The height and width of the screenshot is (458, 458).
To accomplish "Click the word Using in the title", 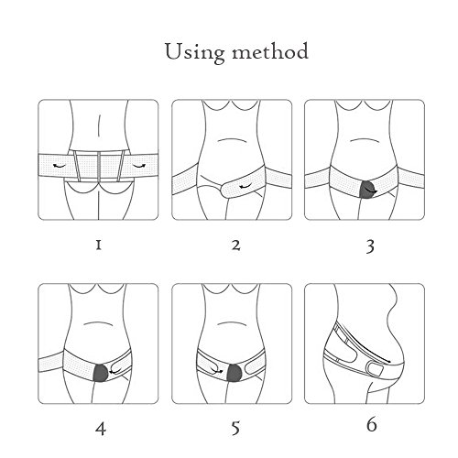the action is (195, 52).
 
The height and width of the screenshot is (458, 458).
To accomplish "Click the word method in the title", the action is (270, 51).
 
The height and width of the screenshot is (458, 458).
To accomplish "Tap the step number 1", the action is (98, 245).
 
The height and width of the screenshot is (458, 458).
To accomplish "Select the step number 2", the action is (235, 245).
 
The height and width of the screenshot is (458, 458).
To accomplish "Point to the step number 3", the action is (370, 246).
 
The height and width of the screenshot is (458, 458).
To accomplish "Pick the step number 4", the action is (101, 429).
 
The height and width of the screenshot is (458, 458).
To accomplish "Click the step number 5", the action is (235, 428).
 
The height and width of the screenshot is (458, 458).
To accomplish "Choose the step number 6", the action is (372, 424).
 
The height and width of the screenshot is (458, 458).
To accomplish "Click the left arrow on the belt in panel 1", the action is (60, 166).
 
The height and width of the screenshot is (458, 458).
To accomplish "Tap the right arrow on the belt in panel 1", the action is (139, 166).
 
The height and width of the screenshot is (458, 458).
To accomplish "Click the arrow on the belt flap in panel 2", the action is (245, 186).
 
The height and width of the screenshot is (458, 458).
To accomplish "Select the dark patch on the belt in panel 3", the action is (368, 190).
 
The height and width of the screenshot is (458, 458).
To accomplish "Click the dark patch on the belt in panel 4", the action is (101, 373).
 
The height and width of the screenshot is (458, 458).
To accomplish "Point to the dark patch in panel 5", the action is (234, 373).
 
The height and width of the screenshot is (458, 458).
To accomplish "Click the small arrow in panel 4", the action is (115, 372).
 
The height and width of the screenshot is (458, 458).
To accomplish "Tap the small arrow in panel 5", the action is (217, 371).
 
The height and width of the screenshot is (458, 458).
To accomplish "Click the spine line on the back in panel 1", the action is (99, 125).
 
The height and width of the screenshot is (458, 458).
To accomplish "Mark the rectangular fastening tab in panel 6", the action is (376, 369).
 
